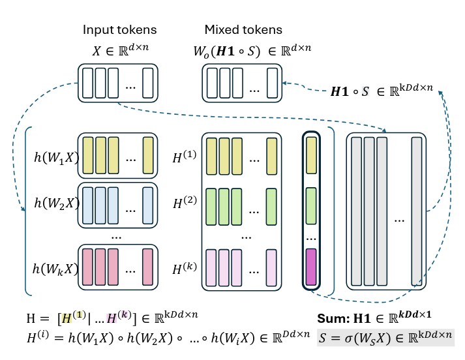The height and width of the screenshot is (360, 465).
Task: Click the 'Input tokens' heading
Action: coord(119,29)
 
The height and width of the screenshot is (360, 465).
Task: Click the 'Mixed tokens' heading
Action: coord(243,29)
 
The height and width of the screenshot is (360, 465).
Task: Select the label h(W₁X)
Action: coord(56,157)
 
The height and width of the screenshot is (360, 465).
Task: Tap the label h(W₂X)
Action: coord(57,203)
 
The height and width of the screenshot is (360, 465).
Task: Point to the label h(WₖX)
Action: coord(55,269)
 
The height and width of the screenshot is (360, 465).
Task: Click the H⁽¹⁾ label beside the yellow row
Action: coord(185,157)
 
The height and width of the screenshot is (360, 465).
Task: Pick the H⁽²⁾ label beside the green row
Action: coord(185,202)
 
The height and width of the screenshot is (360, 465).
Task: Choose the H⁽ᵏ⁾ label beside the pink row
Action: coord(185,268)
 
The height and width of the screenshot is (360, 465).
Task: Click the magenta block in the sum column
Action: coord(311,267)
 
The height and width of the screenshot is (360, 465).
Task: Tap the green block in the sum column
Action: coord(311,206)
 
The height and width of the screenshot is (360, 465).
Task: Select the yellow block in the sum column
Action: coord(311,155)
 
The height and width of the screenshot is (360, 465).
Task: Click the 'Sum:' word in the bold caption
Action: coord(334,318)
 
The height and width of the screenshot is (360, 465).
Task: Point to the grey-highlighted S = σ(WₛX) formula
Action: coord(385,337)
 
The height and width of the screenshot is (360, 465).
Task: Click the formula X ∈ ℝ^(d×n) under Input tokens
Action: coord(121,50)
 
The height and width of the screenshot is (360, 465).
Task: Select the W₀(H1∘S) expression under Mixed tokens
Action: coord(227,52)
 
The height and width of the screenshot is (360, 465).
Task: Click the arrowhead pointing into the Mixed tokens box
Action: coord(284,83)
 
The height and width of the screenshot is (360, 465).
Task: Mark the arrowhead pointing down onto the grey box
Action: coord(384,130)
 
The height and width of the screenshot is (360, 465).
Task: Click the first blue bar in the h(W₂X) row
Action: coord(88,205)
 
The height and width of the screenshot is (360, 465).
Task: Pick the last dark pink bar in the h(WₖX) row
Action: coord(147,267)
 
